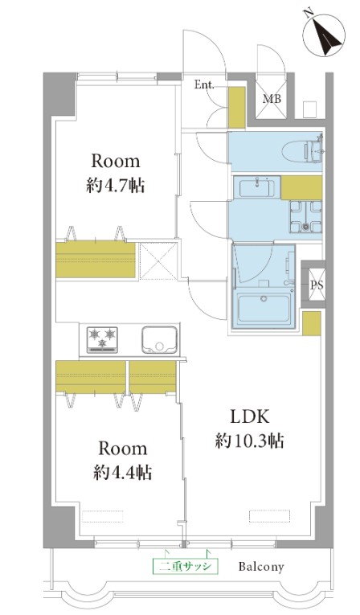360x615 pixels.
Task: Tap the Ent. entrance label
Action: [x=204, y=84]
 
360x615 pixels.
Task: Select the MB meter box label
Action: [x=272, y=98]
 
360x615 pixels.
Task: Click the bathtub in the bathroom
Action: [x=264, y=310]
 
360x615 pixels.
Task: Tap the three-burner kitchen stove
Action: [x=102, y=339]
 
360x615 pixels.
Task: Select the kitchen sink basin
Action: [x=159, y=340]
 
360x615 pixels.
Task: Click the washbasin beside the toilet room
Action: [x=256, y=187]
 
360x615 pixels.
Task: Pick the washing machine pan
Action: [x=306, y=216]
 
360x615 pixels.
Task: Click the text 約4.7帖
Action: [x=115, y=185]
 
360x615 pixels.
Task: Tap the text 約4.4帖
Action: [x=122, y=472]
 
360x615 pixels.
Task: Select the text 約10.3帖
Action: [x=249, y=441]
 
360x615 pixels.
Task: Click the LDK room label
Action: [x=250, y=417]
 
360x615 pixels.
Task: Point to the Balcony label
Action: [x=261, y=567]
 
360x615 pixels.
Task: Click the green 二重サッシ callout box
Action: [x=185, y=566]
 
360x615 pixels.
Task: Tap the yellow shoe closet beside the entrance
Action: [x=236, y=108]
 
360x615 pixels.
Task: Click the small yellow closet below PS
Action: [x=312, y=324]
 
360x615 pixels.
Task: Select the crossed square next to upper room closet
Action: [x=158, y=261]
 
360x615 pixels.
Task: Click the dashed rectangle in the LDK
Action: [x=269, y=516]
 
